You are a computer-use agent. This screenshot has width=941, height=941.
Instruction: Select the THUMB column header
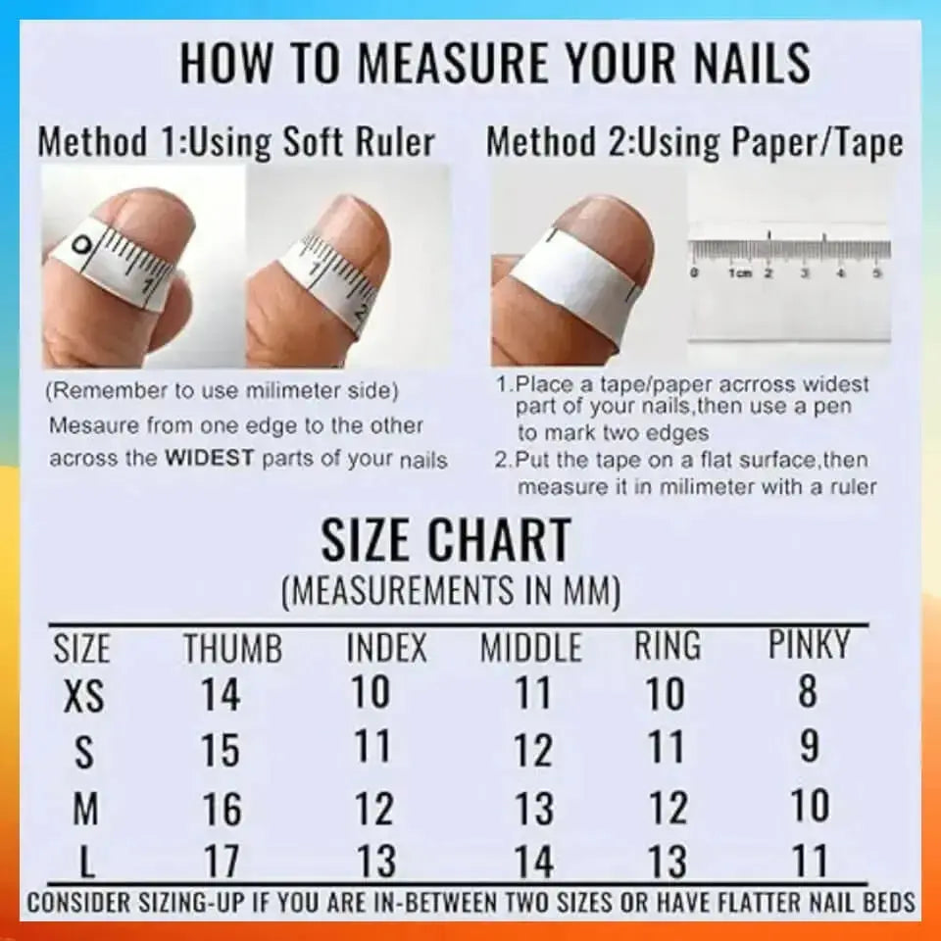point(233,649)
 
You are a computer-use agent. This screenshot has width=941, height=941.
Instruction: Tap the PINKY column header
point(809,645)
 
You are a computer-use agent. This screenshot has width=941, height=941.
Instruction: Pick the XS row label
point(83,697)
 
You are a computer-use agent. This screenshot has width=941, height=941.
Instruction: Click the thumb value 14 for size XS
point(221,695)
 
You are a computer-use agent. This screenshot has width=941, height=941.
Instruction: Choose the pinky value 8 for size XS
point(808,691)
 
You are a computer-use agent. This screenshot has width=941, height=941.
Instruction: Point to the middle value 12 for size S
point(534,751)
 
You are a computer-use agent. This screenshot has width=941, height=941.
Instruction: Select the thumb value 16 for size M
point(222,809)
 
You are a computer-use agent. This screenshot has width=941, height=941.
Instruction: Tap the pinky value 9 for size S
point(810,747)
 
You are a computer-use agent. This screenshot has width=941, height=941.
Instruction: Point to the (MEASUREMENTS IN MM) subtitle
point(451,591)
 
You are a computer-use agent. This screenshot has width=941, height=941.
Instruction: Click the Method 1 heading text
point(235,142)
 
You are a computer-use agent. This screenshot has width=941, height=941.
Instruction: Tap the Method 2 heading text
point(694,142)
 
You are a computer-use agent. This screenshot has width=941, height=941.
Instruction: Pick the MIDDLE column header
point(530,649)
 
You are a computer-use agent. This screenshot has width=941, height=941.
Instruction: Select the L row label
point(87,864)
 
